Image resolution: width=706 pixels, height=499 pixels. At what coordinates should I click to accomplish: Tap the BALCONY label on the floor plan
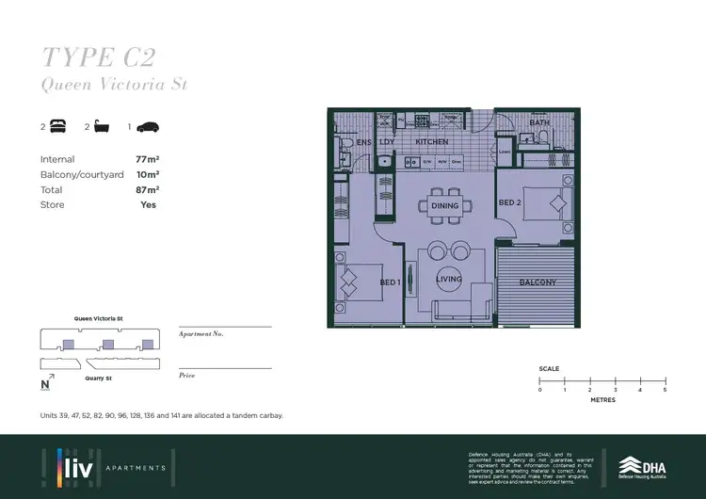point(538,282)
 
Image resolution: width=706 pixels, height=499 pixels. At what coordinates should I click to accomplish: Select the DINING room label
point(444,205)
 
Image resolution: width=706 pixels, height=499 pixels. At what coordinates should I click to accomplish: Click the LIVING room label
point(449,279)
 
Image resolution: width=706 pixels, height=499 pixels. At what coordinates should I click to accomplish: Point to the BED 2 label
point(509,203)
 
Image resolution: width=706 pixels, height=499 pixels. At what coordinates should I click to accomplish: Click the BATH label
point(539,122)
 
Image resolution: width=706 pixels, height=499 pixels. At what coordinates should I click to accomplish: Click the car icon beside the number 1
point(149,125)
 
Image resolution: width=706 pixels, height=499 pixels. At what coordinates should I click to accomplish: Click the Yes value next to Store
point(148,204)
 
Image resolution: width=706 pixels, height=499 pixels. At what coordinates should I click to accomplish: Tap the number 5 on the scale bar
point(665,389)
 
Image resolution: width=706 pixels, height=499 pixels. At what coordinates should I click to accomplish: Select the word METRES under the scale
point(602,400)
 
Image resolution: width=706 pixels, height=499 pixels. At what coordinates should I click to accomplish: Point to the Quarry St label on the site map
point(99,378)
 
